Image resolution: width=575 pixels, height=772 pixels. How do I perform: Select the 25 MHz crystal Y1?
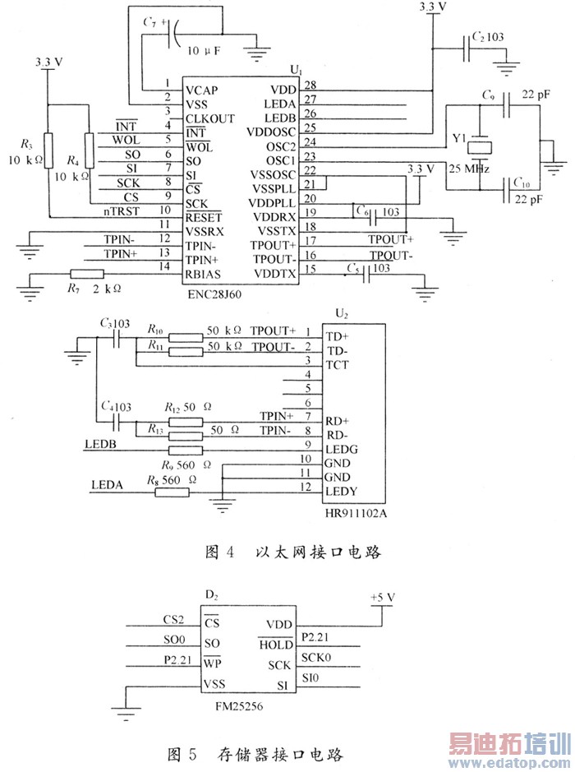[x=478, y=148]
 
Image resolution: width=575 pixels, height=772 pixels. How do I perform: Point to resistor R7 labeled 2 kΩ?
[x=86, y=274]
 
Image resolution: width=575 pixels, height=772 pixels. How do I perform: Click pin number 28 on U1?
[x=310, y=85]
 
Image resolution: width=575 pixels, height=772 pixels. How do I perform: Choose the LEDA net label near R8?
[x=108, y=484]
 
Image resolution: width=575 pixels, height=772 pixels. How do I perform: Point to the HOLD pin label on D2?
[x=276, y=645]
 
